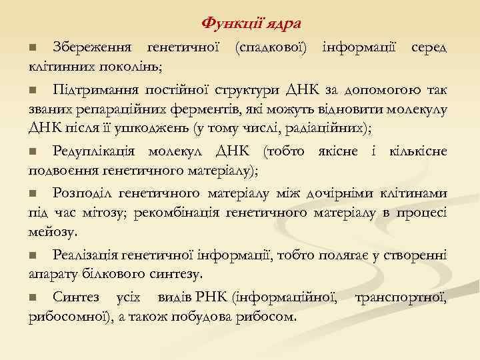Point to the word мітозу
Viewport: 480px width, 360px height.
pos(109,212)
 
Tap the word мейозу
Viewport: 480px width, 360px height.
pos(53,231)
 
